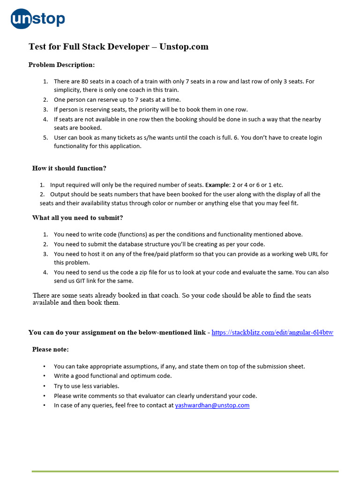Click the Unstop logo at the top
click(38, 19)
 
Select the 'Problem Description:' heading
click(61, 65)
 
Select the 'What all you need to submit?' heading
click(77, 217)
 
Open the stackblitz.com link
click(272, 332)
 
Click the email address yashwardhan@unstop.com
click(212, 405)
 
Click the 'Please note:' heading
click(50, 349)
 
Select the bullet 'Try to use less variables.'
click(86, 386)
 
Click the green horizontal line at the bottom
click(185, 471)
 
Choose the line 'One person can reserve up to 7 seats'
click(117, 100)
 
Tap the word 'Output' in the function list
click(60, 194)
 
